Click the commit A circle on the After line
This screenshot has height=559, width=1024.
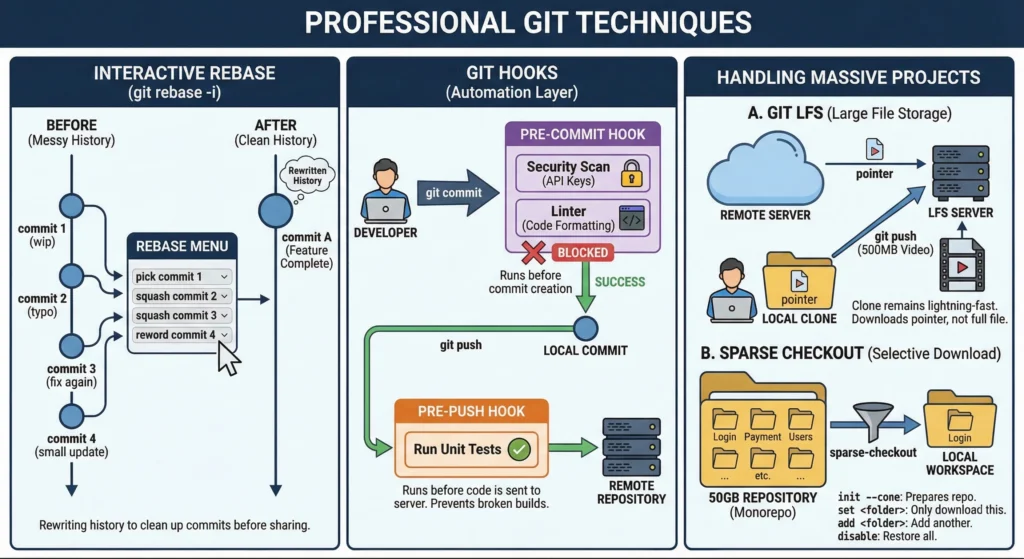pos(275,210)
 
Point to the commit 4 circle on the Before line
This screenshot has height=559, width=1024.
pos(71,415)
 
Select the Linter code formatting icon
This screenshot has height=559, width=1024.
pos(631,218)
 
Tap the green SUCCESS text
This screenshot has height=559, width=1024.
pos(620,282)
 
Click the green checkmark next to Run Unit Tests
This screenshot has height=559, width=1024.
pos(519,449)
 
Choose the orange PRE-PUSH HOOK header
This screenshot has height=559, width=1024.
pos(472,410)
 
